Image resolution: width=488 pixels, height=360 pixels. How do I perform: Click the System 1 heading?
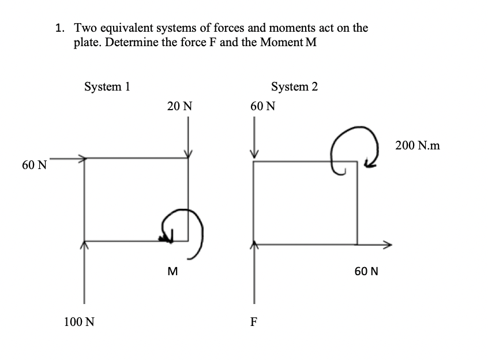tap(107, 87)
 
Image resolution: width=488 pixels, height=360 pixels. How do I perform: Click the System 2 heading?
tap(294, 87)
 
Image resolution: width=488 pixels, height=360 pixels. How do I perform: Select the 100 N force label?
tap(79, 322)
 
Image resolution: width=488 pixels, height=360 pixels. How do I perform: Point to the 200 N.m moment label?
tap(418, 146)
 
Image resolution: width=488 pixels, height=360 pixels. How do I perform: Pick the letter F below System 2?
tap(254, 322)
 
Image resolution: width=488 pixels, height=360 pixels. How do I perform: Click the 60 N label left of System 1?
tap(34, 165)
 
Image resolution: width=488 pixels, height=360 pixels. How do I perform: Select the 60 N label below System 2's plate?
tap(366, 271)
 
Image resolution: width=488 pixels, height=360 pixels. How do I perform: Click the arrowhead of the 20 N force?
tap(187, 153)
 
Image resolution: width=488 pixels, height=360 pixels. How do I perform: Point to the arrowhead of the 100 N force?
tap(85, 245)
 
